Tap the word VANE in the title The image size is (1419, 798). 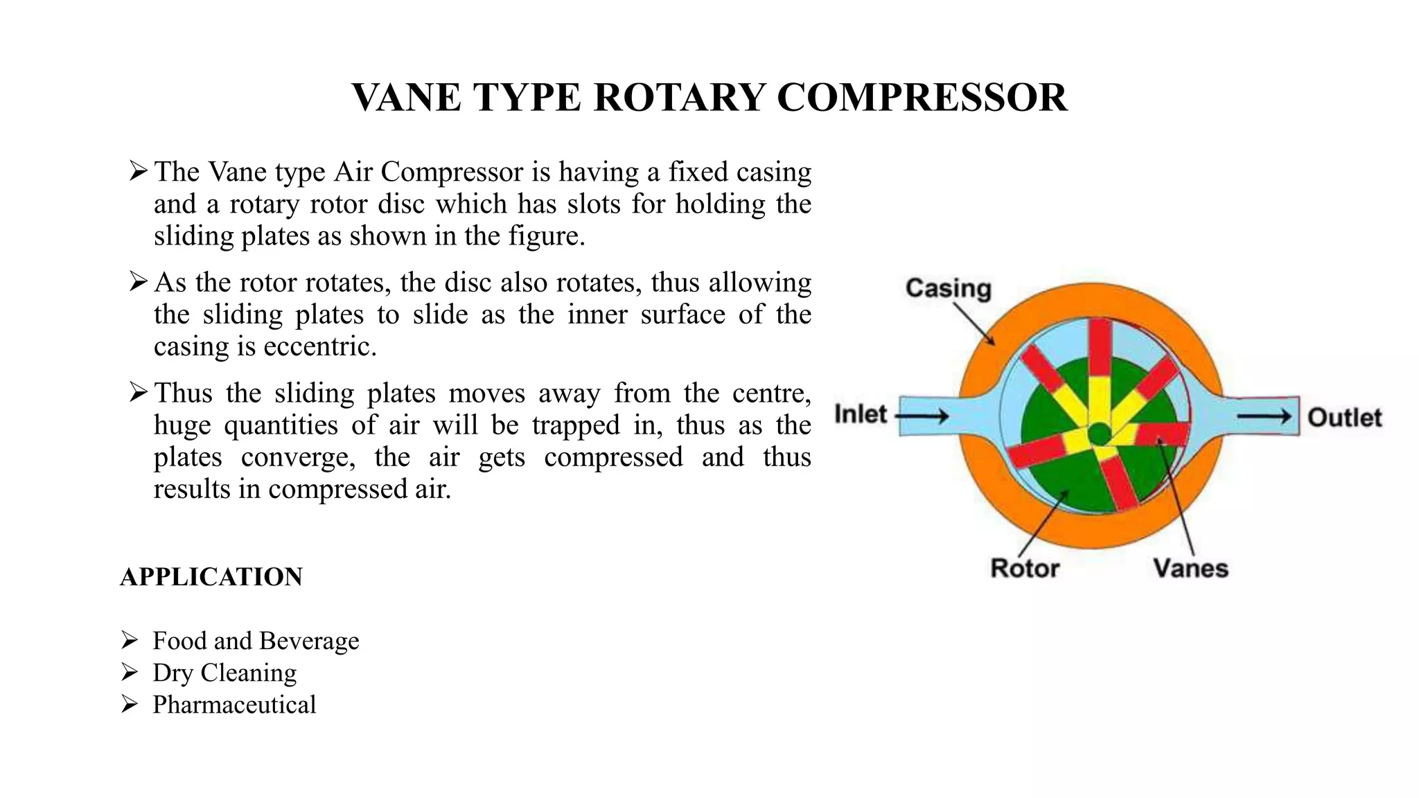tap(407, 97)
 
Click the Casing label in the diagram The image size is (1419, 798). tap(948, 288)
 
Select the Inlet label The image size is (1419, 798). tap(861, 414)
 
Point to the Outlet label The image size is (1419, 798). tap(1344, 417)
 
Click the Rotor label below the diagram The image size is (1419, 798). tap(1025, 568)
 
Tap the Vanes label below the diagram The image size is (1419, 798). tap(1190, 568)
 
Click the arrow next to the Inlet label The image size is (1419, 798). tap(922, 416)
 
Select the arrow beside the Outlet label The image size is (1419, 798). tap(1264, 416)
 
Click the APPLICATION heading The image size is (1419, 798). tap(211, 577)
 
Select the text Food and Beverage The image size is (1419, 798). tap(256, 641)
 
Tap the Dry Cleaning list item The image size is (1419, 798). tap(224, 673)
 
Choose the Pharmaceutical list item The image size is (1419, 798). tap(234, 704)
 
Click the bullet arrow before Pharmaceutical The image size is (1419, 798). tap(130, 704)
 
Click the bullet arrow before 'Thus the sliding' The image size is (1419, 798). tap(138, 393)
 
